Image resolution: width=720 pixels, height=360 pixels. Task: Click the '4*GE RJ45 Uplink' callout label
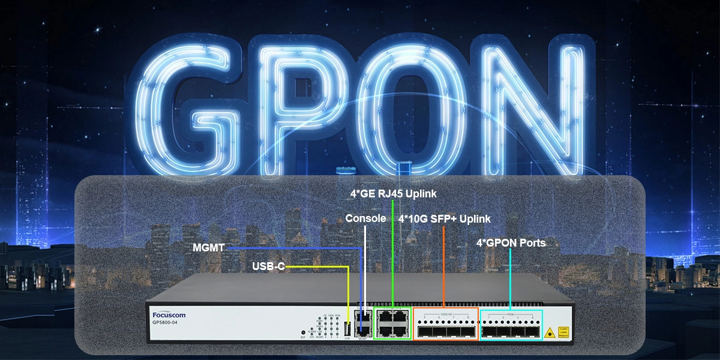click(x=394, y=194)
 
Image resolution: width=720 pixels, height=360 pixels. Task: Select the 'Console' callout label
click(x=365, y=218)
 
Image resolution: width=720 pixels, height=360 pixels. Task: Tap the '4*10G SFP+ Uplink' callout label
click(x=444, y=219)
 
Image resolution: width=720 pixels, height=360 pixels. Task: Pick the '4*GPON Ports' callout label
click(x=511, y=243)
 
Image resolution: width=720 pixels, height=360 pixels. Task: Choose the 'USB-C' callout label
click(x=269, y=266)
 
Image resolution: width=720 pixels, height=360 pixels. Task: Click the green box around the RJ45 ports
click(x=392, y=325)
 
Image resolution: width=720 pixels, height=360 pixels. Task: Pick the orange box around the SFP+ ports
click(x=446, y=325)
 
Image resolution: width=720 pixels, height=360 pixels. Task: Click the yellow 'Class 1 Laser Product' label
click(x=563, y=331)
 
